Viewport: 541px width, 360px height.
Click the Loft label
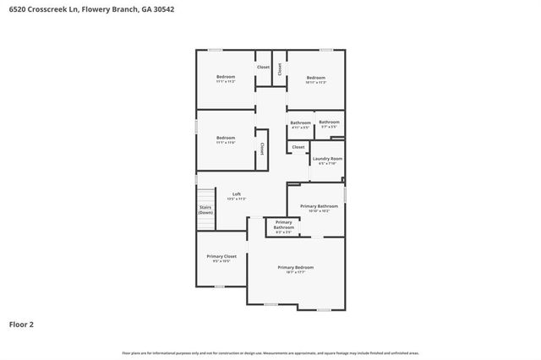(237, 194)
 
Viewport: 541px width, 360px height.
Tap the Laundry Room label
(327, 159)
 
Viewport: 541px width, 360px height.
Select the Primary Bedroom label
(295, 267)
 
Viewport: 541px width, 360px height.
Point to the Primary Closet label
(221, 256)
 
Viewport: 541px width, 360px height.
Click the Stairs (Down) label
(205, 209)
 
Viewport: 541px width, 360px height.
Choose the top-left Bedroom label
(225, 77)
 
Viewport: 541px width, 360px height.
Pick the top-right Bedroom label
(315, 77)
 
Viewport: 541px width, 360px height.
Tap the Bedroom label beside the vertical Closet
(225, 138)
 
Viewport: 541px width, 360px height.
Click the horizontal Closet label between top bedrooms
(264, 67)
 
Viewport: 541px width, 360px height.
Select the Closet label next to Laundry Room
(298, 147)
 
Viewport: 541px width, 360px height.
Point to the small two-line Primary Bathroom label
(284, 224)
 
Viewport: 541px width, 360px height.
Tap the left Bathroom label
(300, 123)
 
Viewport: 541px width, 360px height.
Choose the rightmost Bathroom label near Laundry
(329, 123)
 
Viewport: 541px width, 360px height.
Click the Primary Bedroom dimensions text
(295, 272)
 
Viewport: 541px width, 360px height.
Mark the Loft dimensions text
(237, 199)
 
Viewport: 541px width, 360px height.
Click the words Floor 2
(21, 324)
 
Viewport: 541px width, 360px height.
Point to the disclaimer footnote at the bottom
(270, 352)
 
